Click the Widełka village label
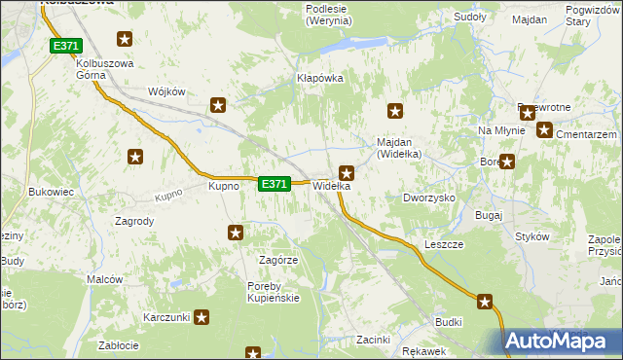330,186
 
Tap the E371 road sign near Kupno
275,183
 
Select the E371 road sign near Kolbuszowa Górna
65,46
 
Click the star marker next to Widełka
346,173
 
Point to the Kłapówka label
320,78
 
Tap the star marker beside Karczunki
202,316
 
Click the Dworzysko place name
429,197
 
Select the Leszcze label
444,244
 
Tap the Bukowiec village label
52,192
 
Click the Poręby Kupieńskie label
273,291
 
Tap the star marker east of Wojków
218,105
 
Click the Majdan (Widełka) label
398,147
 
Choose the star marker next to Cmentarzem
543,129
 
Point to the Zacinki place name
373,340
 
